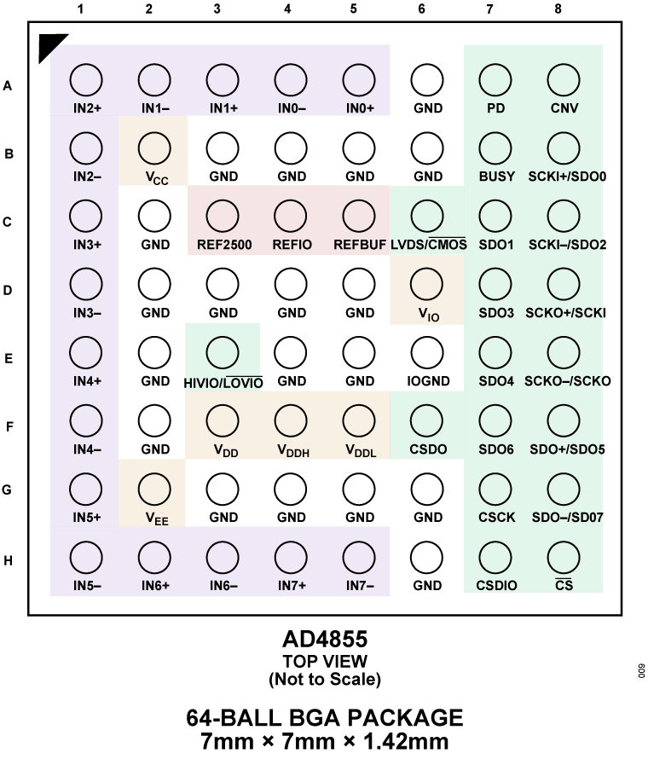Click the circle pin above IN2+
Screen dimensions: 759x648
(86, 80)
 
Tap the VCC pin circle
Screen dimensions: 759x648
(154, 148)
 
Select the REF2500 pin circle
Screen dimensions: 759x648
(223, 217)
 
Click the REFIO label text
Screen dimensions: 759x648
(292, 245)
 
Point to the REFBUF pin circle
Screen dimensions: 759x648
(359, 217)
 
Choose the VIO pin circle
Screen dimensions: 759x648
(426, 284)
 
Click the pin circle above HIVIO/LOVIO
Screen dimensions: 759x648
(223, 352)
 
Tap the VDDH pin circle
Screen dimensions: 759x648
(291, 420)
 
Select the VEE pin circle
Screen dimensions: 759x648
(154, 489)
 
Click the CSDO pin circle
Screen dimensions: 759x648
(426, 420)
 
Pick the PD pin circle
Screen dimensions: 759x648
(495, 80)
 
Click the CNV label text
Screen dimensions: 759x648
(564, 108)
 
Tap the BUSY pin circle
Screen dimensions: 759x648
(495, 148)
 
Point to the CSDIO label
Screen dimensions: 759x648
(497, 586)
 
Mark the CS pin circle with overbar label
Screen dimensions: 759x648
(564, 558)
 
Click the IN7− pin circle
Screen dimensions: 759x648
(359, 558)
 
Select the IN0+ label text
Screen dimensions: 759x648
(360, 108)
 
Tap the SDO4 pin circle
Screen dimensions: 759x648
(495, 352)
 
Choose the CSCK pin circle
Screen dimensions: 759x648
(495, 489)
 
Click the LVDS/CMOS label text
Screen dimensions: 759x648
(429, 245)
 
